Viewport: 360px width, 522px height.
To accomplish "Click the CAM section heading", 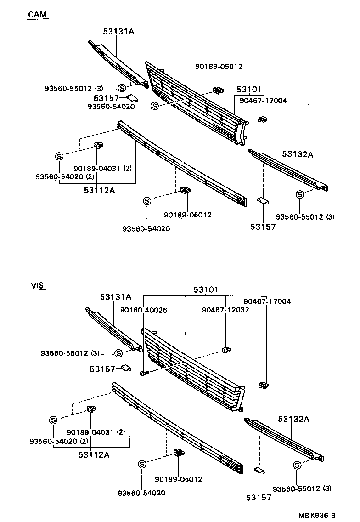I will (x=38, y=15).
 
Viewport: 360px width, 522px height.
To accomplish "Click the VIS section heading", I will (x=37, y=285).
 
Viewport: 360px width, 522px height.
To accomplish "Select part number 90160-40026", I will (x=144, y=310).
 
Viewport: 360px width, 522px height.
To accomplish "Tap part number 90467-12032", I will (x=225, y=310).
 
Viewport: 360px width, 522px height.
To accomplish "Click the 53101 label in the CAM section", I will (x=249, y=89).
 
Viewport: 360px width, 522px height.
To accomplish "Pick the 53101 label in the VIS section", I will (x=206, y=290).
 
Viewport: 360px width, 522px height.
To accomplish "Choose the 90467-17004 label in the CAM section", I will (x=264, y=100).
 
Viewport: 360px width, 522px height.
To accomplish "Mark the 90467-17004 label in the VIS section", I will (x=267, y=301).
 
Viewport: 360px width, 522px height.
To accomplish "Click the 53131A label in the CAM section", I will (x=118, y=31).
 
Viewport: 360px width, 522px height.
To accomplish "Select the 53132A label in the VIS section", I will (x=293, y=419).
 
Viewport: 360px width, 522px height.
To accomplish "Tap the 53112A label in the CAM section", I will (x=99, y=189).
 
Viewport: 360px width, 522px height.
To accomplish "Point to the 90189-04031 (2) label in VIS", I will (x=96, y=432).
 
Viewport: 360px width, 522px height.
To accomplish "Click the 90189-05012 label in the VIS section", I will (x=179, y=479).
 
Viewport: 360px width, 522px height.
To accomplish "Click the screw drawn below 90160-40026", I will (x=143, y=373).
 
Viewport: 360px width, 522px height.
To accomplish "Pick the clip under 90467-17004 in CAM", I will (x=263, y=119).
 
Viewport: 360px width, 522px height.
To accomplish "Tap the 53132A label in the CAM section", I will (x=298, y=155).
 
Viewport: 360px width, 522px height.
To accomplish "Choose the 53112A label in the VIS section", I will (x=94, y=454).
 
